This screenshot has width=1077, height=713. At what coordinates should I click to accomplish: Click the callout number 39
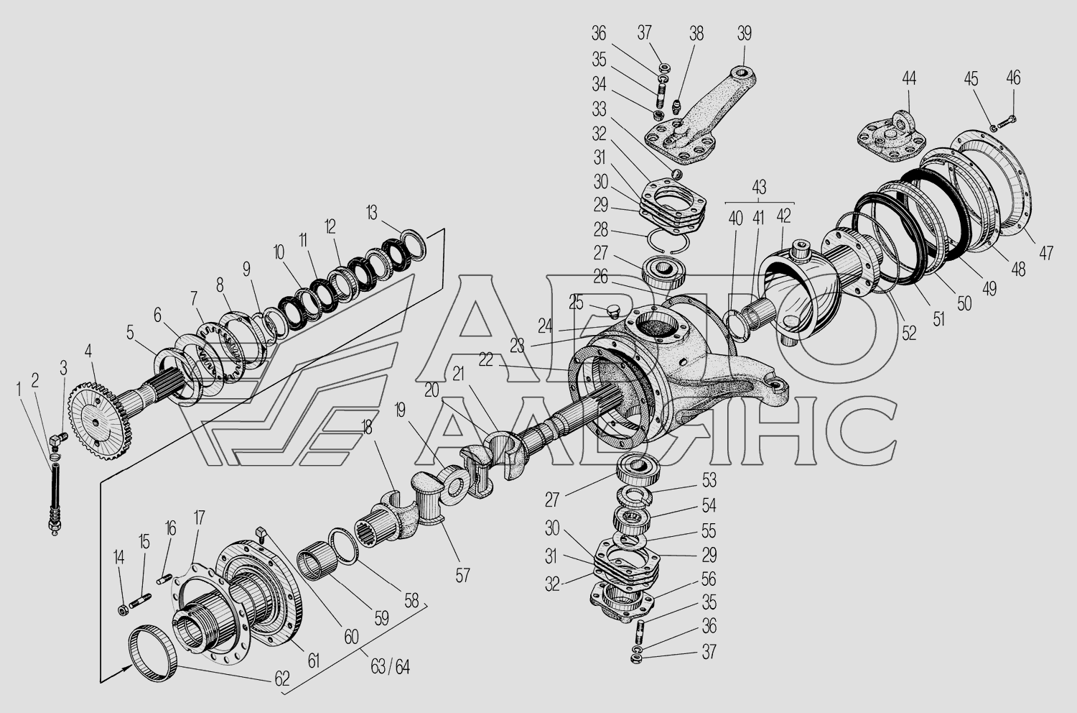[744, 34]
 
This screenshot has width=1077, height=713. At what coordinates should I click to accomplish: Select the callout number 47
[1046, 253]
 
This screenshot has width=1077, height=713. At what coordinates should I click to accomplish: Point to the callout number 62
[281, 678]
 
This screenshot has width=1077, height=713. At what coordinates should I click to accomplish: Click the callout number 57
[462, 575]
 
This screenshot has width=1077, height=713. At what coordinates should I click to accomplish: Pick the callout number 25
[576, 303]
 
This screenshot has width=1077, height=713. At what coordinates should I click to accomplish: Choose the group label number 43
[759, 187]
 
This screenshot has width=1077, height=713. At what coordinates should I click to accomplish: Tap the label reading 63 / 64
[390, 667]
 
